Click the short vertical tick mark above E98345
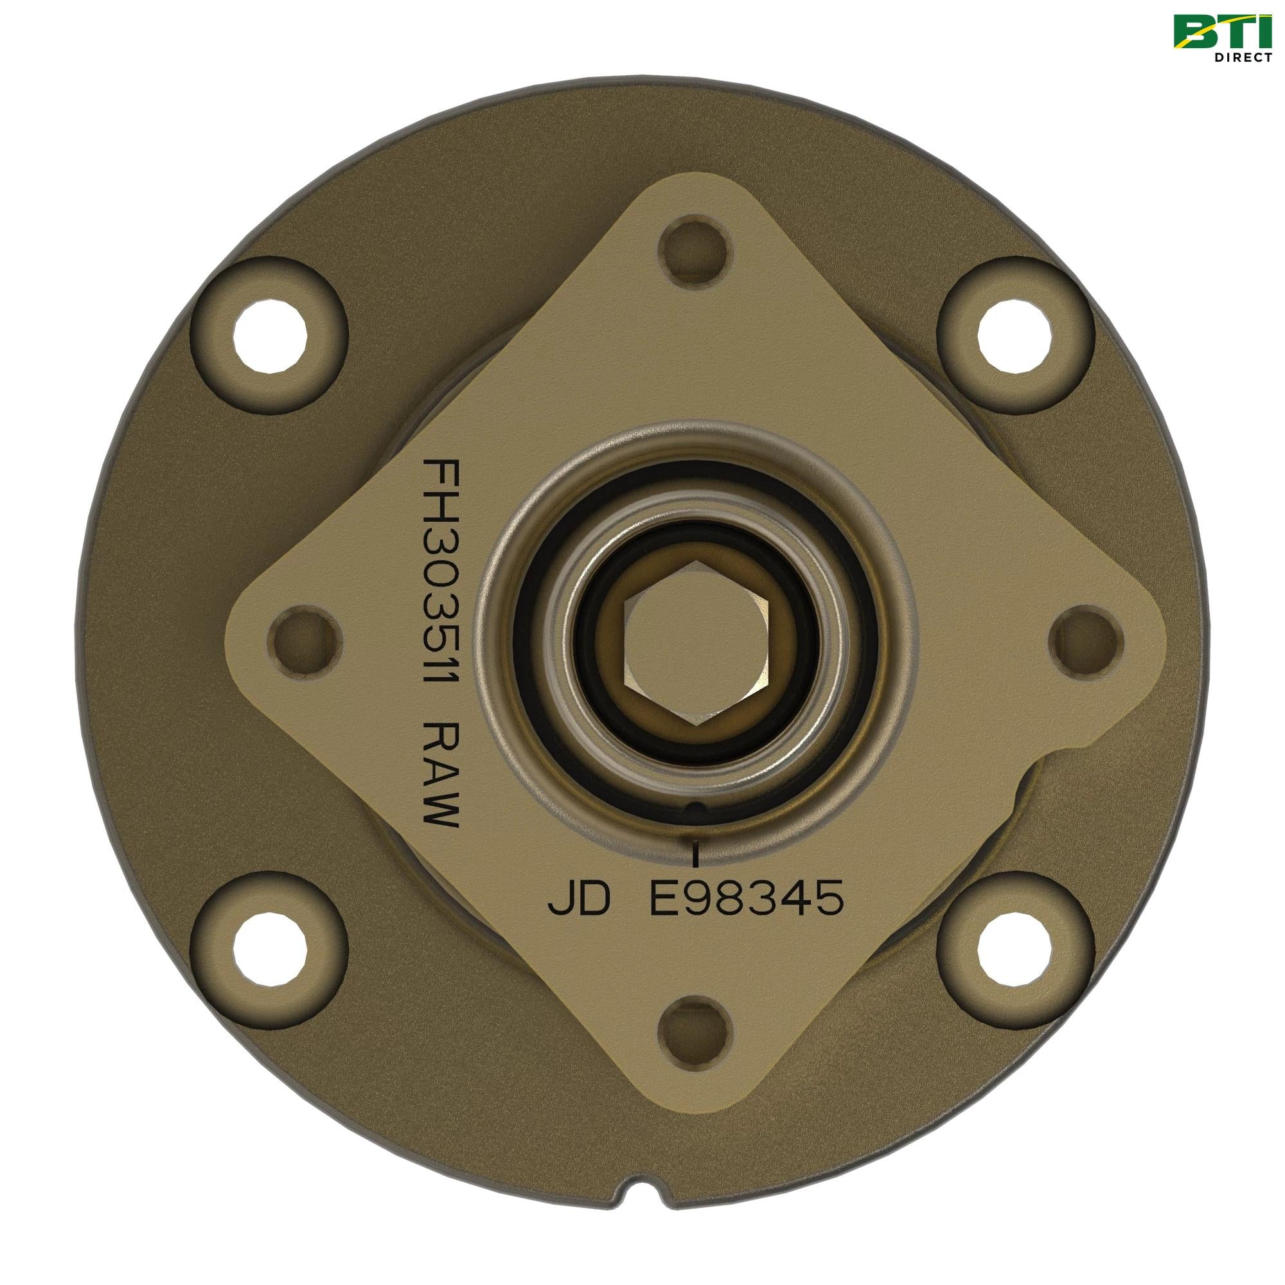[x=696, y=855]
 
